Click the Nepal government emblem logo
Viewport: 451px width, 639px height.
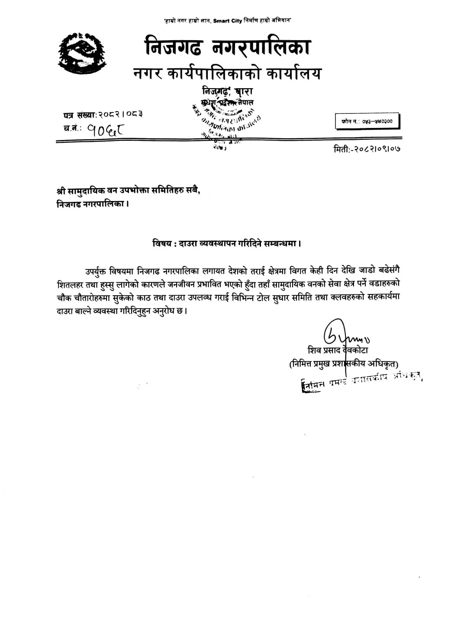(x=82, y=53)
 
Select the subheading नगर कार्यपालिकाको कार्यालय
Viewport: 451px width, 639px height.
(x=227, y=74)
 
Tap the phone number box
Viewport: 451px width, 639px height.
(x=367, y=122)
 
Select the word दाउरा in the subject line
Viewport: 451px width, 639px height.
(x=186, y=243)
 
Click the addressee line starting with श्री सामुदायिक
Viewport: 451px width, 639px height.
(x=129, y=192)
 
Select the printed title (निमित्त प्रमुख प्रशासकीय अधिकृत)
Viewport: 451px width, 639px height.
(x=344, y=364)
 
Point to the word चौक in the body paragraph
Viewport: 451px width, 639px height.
(x=64, y=298)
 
